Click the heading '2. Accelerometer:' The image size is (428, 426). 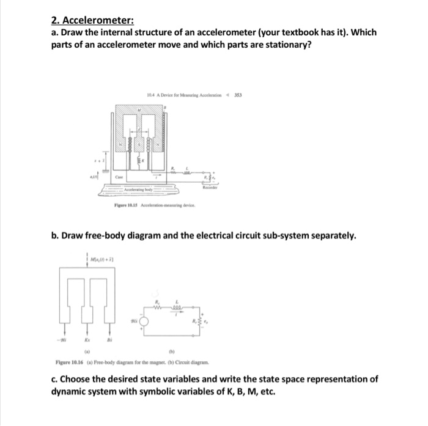(91, 20)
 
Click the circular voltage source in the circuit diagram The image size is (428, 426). (144, 320)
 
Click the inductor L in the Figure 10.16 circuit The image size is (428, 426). (179, 307)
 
